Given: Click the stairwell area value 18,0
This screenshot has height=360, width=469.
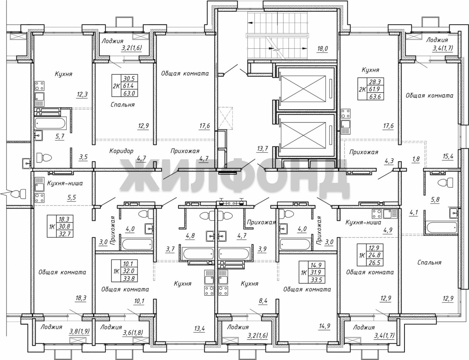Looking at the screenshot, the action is pyautogui.click(x=322, y=49).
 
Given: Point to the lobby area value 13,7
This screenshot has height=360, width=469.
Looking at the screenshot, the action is pyautogui.click(x=262, y=149).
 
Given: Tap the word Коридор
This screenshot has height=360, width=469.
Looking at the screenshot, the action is pyautogui.click(x=121, y=151).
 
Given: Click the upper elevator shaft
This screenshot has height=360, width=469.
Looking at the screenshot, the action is pyautogui.click(x=304, y=89).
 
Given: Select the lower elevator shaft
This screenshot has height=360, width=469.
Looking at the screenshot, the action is pyautogui.click(x=304, y=136).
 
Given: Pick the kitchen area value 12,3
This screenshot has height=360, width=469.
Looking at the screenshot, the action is pyautogui.click(x=82, y=94).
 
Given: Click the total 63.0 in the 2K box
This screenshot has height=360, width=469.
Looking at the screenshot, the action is pyautogui.click(x=129, y=93).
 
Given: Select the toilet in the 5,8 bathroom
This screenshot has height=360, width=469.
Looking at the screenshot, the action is pyautogui.click(x=446, y=183).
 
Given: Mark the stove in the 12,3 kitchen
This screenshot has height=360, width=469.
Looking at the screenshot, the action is pyautogui.click(x=40, y=86).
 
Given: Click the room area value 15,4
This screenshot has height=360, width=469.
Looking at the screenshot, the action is pyautogui.click(x=448, y=157).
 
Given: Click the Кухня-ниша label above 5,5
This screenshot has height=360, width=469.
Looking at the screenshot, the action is pyautogui.click(x=65, y=183).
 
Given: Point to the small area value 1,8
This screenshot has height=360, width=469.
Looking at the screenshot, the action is pyautogui.click(x=416, y=159).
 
